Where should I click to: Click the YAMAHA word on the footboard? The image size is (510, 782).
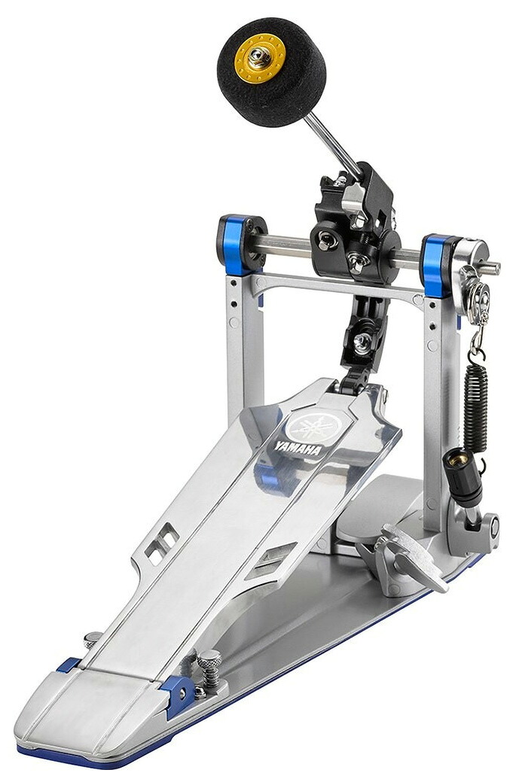coord(298,447)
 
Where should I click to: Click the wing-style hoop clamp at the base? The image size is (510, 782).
coord(405,558)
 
